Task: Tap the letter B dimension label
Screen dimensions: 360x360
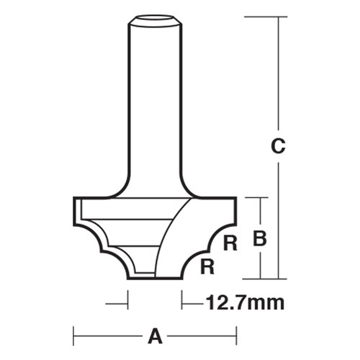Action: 263,238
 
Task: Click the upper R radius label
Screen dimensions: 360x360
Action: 230,243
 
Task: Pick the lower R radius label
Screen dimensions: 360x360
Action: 207,267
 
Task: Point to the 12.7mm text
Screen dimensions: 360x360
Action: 245,302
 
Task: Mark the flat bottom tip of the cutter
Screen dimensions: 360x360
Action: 144,276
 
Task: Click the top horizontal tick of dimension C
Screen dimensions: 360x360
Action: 261,16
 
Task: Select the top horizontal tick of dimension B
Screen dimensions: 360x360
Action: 256,197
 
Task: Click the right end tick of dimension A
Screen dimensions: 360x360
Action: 237,334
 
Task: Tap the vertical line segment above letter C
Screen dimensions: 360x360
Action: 278,72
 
